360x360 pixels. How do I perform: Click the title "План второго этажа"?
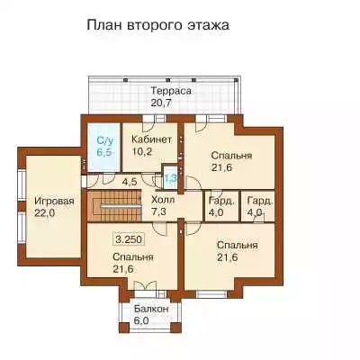pos(158,25)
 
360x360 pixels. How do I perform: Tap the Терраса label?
pos(171,91)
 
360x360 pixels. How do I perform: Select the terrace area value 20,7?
pos(161,103)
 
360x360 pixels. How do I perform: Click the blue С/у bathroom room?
pos(103,148)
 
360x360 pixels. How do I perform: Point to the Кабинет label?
pos(152,139)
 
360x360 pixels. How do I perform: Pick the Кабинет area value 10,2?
pos(142,151)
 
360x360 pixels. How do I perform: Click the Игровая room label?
pos(54,202)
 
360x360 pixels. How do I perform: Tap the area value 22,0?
pos(44,213)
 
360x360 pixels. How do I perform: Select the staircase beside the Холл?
pos(114,206)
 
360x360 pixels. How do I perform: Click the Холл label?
pos(163,200)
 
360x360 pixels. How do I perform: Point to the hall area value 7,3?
pos(158,211)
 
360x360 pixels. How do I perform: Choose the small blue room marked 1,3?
pos(170,177)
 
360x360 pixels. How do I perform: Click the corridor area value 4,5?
pos(130,182)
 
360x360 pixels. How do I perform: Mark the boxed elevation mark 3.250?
pos(128,239)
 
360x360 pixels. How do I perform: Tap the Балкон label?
pos(151,309)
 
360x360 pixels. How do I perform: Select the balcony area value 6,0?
pos(141,320)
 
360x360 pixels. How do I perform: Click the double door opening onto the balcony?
pos(145,285)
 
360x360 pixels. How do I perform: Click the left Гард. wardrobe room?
pos(221,206)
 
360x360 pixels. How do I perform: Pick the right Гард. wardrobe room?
pos(258,206)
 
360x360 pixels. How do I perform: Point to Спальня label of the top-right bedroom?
pos(231,156)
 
